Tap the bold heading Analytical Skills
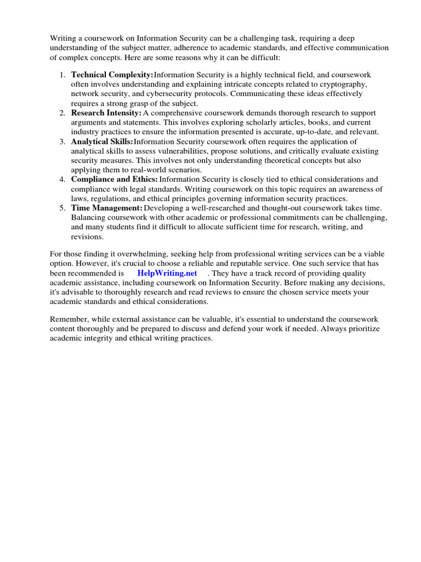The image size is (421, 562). click(x=102, y=141)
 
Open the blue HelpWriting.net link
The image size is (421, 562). click(x=167, y=273)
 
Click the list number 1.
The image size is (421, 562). click(x=62, y=74)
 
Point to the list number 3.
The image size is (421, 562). click(x=62, y=141)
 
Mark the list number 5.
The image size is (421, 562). click(x=62, y=208)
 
